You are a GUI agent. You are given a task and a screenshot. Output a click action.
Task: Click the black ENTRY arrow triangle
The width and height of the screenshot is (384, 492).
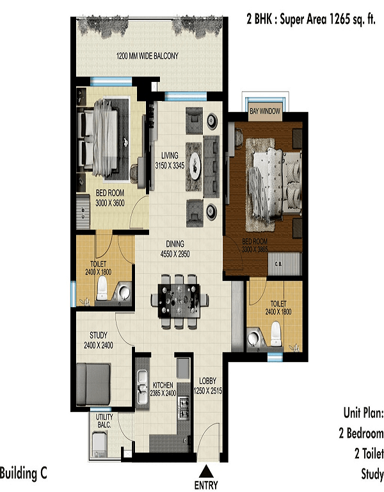[x=205, y=472]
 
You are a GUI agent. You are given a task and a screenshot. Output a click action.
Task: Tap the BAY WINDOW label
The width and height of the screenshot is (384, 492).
[x=265, y=111]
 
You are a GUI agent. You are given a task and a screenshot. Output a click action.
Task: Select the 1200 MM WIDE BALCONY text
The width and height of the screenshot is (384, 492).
[x=147, y=56]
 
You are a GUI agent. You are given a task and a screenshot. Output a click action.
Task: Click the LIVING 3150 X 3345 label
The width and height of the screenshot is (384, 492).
[x=170, y=161]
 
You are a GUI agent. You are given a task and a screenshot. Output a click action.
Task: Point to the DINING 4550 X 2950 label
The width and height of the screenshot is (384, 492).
[x=175, y=249]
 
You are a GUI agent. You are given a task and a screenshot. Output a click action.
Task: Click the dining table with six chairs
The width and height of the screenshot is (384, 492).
[x=179, y=301]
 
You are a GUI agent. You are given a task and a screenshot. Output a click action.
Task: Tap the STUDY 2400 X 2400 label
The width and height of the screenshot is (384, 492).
[x=99, y=340]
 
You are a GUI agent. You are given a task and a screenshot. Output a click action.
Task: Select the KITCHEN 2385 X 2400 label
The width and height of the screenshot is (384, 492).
[x=163, y=389]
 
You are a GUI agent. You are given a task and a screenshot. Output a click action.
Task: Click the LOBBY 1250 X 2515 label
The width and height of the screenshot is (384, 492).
[x=207, y=386]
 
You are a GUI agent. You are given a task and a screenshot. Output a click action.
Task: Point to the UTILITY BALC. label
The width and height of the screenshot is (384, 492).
[x=104, y=421]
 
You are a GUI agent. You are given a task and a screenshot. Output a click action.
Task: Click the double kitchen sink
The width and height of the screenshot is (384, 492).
[x=143, y=386]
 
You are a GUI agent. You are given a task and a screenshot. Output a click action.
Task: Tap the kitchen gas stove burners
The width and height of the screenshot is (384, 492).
[x=184, y=408]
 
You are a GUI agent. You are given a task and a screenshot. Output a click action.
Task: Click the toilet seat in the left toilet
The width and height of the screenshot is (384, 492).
[x=102, y=288]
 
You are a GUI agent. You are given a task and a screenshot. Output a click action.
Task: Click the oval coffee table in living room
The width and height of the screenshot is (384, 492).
[x=195, y=166]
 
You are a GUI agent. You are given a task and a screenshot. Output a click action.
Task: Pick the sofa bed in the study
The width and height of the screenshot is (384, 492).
[x=93, y=384]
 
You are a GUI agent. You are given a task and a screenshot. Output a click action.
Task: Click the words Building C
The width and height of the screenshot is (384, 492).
[x=24, y=473]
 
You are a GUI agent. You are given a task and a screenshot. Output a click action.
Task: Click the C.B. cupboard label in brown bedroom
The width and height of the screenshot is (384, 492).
[x=278, y=264]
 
